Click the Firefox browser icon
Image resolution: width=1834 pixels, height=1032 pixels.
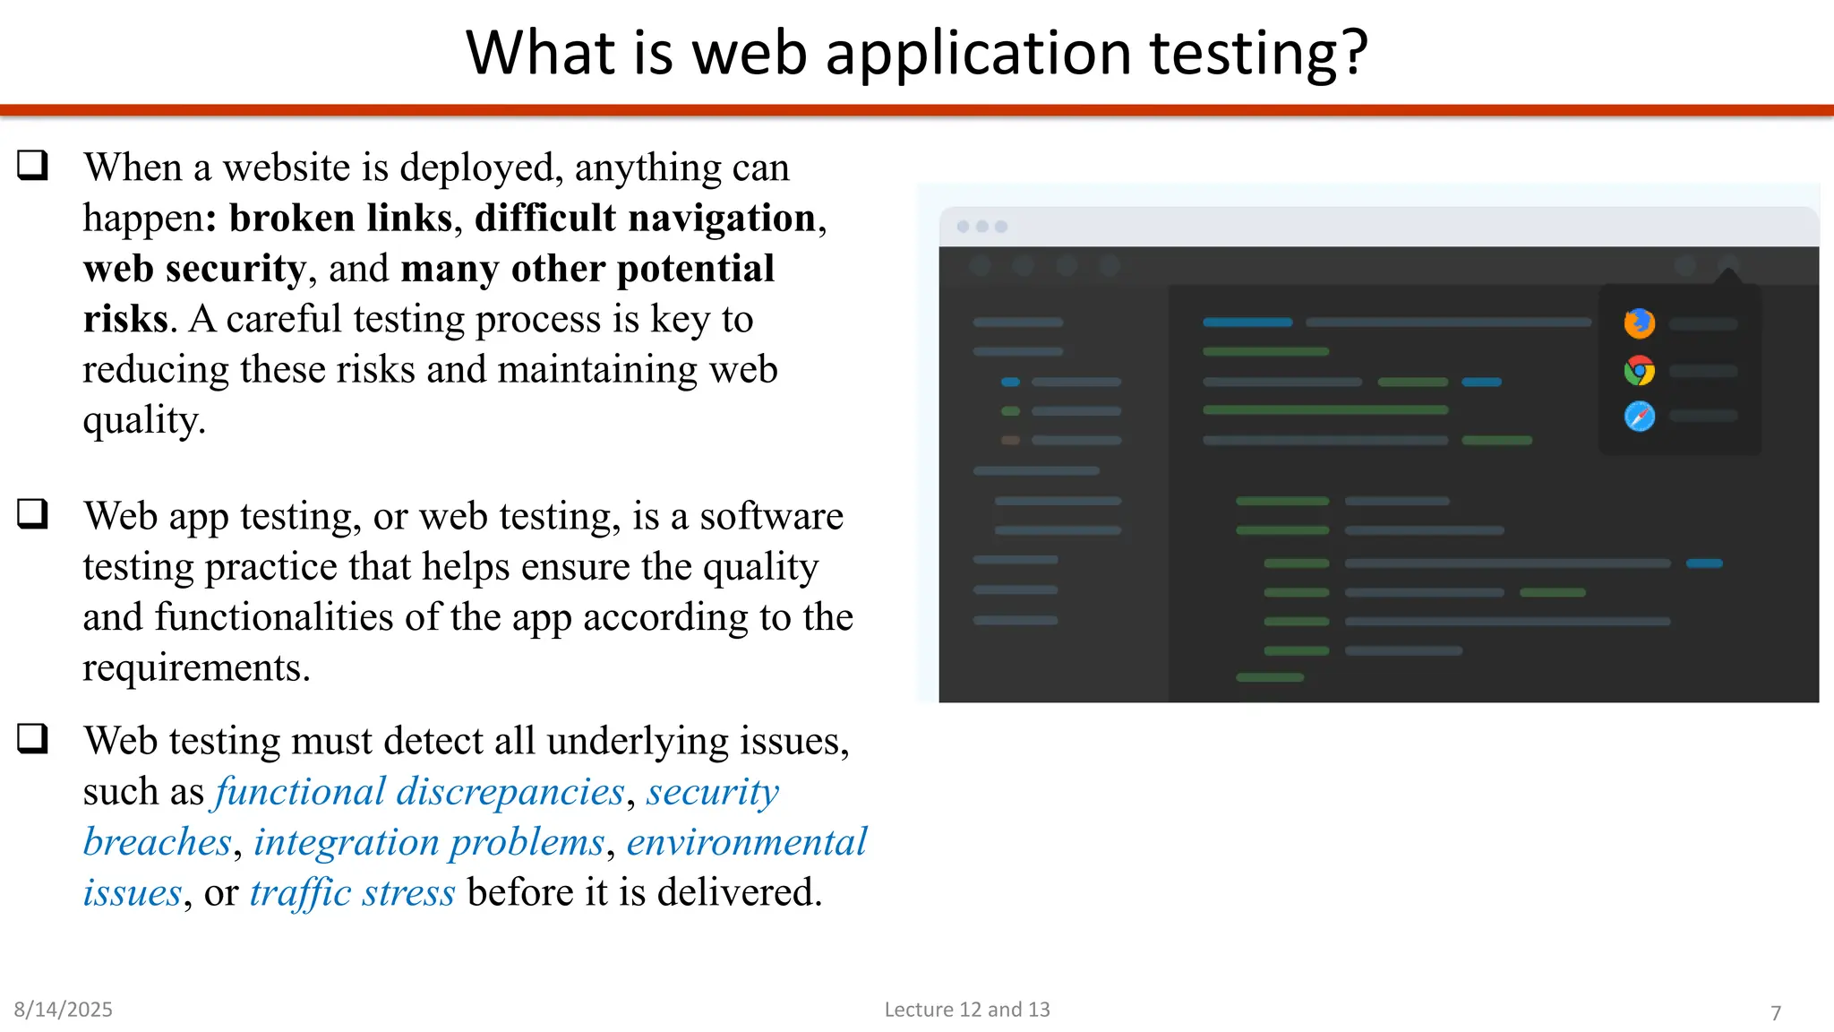click(1639, 323)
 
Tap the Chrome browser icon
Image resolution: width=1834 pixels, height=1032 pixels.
click(1639, 370)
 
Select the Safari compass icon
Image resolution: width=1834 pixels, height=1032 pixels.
click(1639, 417)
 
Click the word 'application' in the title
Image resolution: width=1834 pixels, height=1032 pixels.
click(978, 54)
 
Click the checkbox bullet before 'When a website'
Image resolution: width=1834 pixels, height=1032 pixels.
click(33, 166)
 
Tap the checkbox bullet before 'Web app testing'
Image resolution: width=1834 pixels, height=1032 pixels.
click(33, 514)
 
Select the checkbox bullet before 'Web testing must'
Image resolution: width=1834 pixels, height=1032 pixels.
click(33, 739)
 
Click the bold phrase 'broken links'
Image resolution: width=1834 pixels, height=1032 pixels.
click(340, 219)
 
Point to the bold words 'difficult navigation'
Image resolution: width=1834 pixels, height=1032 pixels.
click(645, 219)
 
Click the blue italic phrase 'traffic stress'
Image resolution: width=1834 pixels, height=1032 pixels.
click(352, 893)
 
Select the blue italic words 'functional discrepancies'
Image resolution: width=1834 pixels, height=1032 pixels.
click(419, 792)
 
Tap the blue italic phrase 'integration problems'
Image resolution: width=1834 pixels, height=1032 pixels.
click(429, 842)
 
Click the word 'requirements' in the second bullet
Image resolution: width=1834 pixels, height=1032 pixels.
click(194, 668)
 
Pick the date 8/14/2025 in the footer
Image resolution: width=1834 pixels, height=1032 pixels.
click(63, 1010)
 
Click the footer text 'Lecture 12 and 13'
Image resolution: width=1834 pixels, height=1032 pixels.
click(966, 1010)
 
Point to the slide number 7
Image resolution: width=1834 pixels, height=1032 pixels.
click(1775, 1013)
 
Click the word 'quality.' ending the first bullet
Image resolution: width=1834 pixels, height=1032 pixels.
click(144, 420)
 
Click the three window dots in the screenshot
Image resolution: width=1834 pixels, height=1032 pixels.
click(981, 227)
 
